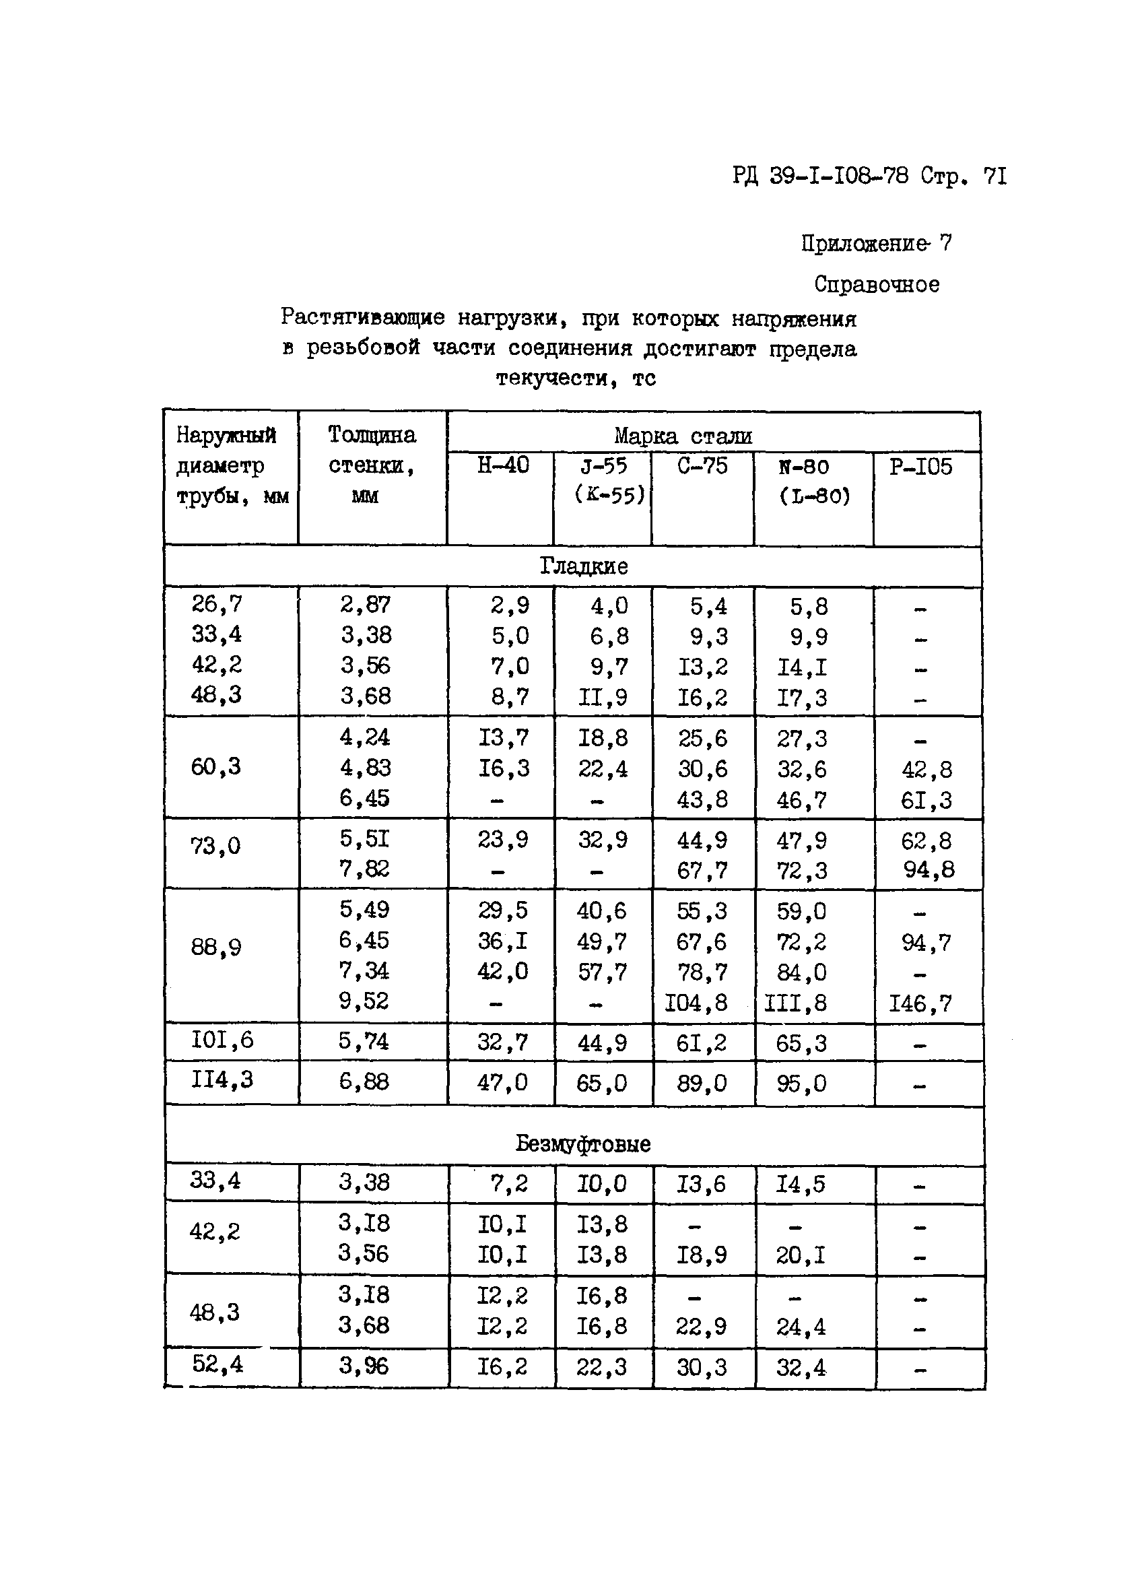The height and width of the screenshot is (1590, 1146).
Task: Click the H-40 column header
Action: tap(502, 465)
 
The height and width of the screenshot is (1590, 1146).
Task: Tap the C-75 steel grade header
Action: tap(702, 466)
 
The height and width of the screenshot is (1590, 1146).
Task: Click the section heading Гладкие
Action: tap(583, 566)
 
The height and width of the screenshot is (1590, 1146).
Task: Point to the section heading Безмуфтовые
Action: tap(583, 1144)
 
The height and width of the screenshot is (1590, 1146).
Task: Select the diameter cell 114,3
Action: tap(222, 1080)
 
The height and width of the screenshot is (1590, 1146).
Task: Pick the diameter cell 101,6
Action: tap(222, 1040)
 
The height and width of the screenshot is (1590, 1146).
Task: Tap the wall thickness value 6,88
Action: tap(364, 1081)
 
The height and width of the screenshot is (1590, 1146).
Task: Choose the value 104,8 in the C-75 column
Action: tap(696, 1003)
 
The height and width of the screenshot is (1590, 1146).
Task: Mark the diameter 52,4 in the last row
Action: tap(217, 1364)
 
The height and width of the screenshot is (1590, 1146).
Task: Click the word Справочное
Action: tap(876, 285)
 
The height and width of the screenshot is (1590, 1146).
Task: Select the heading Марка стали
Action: tap(683, 436)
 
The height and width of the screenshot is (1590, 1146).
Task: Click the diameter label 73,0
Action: tap(215, 846)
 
